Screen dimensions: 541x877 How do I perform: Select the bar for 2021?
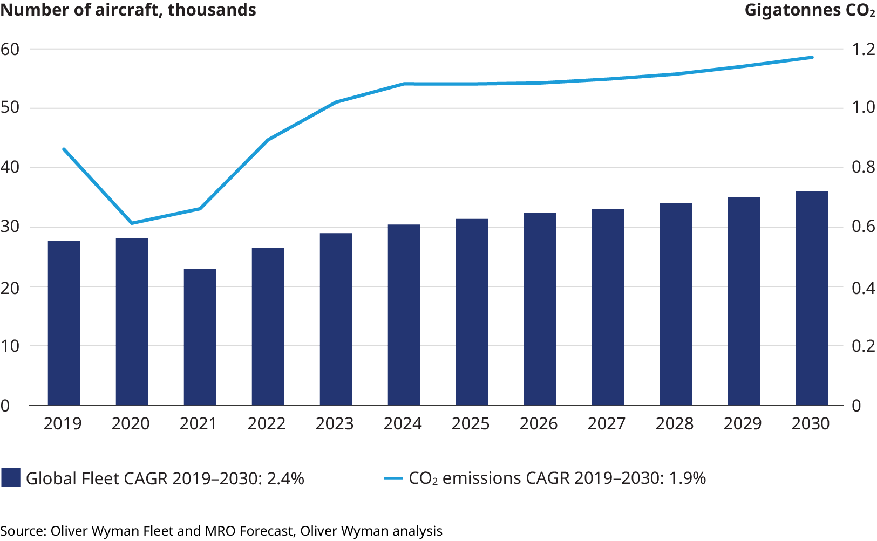click(x=200, y=337)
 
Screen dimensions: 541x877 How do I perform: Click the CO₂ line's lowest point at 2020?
click(x=132, y=223)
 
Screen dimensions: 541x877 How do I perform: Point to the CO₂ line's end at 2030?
click(x=812, y=57)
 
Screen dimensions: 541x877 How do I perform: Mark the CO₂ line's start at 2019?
click(x=64, y=149)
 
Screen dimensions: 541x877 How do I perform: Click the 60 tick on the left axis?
click(x=10, y=49)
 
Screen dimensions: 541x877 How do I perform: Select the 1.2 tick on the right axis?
click(x=863, y=49)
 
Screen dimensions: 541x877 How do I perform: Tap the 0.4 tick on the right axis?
click(x=863, y=287)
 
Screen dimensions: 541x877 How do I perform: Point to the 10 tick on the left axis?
click(x=10, y=346)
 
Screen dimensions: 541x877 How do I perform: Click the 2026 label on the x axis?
click(x=539, y=424)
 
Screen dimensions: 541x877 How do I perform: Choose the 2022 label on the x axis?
click(x=267, y=424)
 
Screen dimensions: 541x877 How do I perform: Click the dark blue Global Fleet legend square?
click(x=11, y=478)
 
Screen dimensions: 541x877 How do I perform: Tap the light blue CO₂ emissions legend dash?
click(x=393, y=478)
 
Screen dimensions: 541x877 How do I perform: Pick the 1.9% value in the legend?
click(x=686, y=478)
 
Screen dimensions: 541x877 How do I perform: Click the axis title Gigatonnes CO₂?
click(x=810, y=10)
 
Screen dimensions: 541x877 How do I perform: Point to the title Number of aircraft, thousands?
click(x=128, y=10)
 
